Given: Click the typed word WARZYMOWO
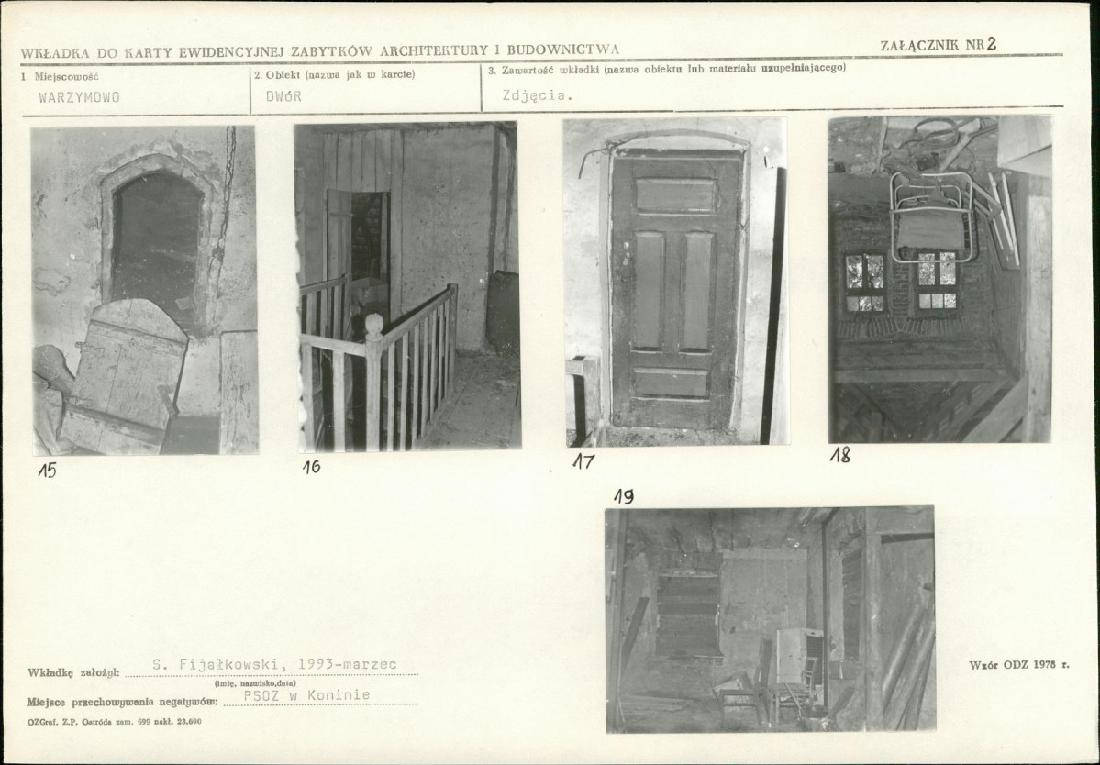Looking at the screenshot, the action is coord(79,97).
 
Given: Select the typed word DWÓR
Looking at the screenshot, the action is coord(283,96).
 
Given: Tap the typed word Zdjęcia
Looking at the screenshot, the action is coord(538,95).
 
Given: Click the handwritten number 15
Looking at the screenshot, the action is coord(47,470).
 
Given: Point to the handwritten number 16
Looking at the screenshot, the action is coord(312,466).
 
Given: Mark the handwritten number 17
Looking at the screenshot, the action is coord(583,461).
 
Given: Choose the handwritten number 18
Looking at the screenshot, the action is coord(839,455).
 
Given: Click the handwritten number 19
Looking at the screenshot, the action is coord(624,496).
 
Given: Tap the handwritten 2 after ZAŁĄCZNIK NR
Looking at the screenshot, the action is coord(991,43).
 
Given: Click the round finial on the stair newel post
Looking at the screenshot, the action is coord(374,324).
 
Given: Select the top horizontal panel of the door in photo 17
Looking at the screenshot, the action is coord(675,195).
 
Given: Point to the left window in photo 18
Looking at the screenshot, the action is coord(864,282).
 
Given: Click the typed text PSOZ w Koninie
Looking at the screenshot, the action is coord(306,695).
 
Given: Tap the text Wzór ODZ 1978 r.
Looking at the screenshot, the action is coord(1019,664).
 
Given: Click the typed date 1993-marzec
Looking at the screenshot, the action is coord(348,664).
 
